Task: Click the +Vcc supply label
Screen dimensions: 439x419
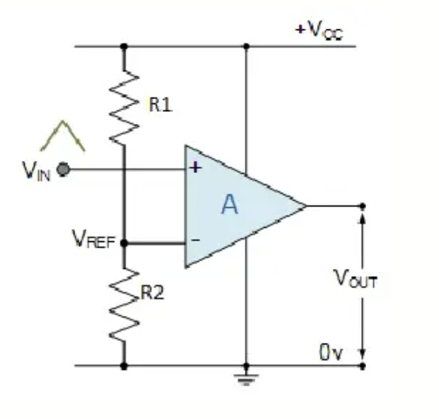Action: [319, 30]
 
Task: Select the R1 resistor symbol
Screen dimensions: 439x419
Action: [124, 107]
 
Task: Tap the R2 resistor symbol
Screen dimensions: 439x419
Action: [124, 305]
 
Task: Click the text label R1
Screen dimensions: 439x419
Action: [161, 105]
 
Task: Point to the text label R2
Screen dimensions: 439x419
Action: [152, 293]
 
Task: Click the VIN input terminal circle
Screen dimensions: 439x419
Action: [63, 169]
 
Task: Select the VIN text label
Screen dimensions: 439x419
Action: [36, 171]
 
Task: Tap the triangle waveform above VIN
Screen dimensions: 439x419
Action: [63, 136]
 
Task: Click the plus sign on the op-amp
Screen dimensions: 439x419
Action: [196, 167]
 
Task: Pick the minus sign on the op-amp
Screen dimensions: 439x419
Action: [196, 240]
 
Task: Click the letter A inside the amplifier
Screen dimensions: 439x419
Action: [230, 205]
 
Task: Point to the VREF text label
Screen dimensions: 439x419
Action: [94, 239]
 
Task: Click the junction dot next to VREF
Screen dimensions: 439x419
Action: [124, 243]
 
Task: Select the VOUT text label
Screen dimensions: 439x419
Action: [356, 279]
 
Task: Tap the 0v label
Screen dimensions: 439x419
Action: [331, 352]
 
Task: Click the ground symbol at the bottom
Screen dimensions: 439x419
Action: [246, 379]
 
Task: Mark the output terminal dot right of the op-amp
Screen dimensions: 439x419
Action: [363, 206]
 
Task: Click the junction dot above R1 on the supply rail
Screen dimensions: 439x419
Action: [124, 46]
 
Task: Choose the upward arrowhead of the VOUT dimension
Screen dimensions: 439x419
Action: [363, 218]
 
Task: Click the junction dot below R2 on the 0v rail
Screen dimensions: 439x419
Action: [124, 366]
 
